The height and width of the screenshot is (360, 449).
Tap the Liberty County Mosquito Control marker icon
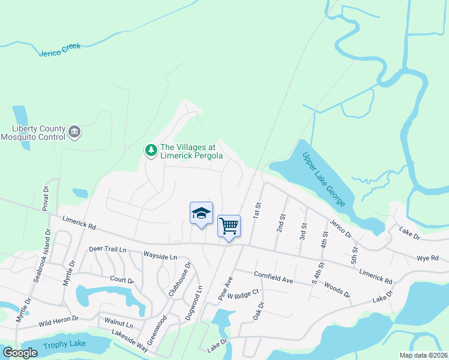74,132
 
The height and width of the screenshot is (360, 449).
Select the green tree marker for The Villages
151,149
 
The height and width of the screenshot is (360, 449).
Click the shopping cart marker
229,226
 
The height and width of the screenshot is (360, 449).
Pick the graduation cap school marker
201,213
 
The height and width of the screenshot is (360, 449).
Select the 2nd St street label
280,223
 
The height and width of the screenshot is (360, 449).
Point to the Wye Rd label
427,258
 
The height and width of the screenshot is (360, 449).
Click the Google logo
20,352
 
